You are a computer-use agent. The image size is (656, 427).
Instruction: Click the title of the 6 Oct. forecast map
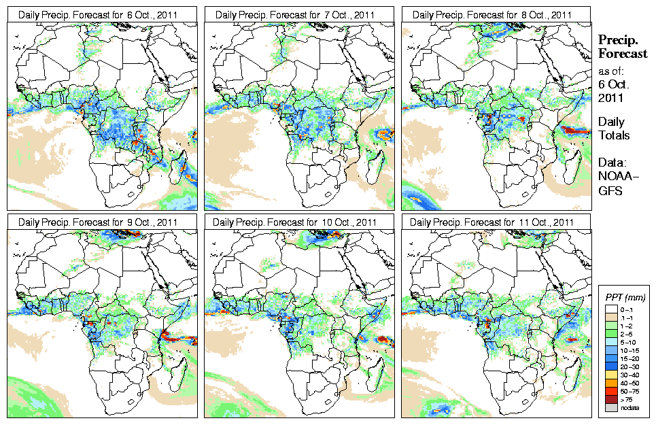98,14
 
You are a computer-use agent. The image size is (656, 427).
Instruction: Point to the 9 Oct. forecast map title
98,222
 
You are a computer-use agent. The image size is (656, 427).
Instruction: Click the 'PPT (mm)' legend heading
625,297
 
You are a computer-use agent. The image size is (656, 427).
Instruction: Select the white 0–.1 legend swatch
610,309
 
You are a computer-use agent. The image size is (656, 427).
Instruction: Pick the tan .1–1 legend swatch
610,318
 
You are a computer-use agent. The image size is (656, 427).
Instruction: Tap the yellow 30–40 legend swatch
610,374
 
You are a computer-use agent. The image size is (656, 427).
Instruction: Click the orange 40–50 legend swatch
610,382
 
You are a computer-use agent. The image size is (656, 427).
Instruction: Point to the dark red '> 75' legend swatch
610,398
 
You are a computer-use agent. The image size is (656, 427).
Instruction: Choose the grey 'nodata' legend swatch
610,407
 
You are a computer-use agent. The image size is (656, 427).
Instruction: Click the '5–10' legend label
629,342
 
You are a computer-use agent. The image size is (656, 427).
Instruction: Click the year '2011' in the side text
610,98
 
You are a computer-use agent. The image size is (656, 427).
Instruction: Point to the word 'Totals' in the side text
614,135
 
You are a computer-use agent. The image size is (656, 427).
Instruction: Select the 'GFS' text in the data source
609,192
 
